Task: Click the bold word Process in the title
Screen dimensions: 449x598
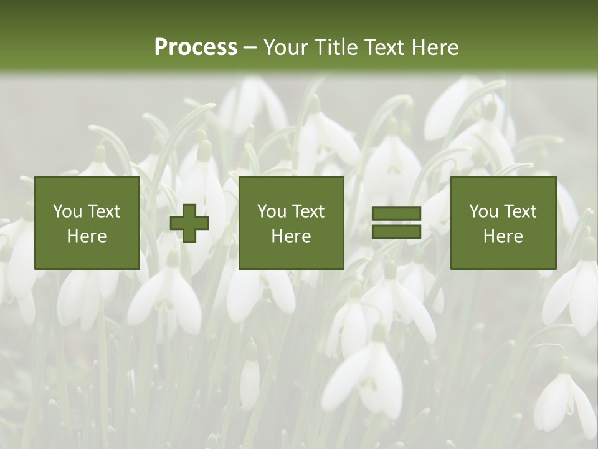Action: (196, 47)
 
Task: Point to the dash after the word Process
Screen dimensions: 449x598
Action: (249, 48)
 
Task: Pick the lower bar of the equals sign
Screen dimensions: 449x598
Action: (396, 232)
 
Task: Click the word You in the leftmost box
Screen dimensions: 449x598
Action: (67, 211)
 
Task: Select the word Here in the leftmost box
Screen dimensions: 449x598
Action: (87, 236)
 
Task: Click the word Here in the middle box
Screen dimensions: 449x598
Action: (292, 236)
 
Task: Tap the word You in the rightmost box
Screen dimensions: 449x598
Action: (483, 211)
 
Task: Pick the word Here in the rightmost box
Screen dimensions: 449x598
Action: (503, 236)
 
